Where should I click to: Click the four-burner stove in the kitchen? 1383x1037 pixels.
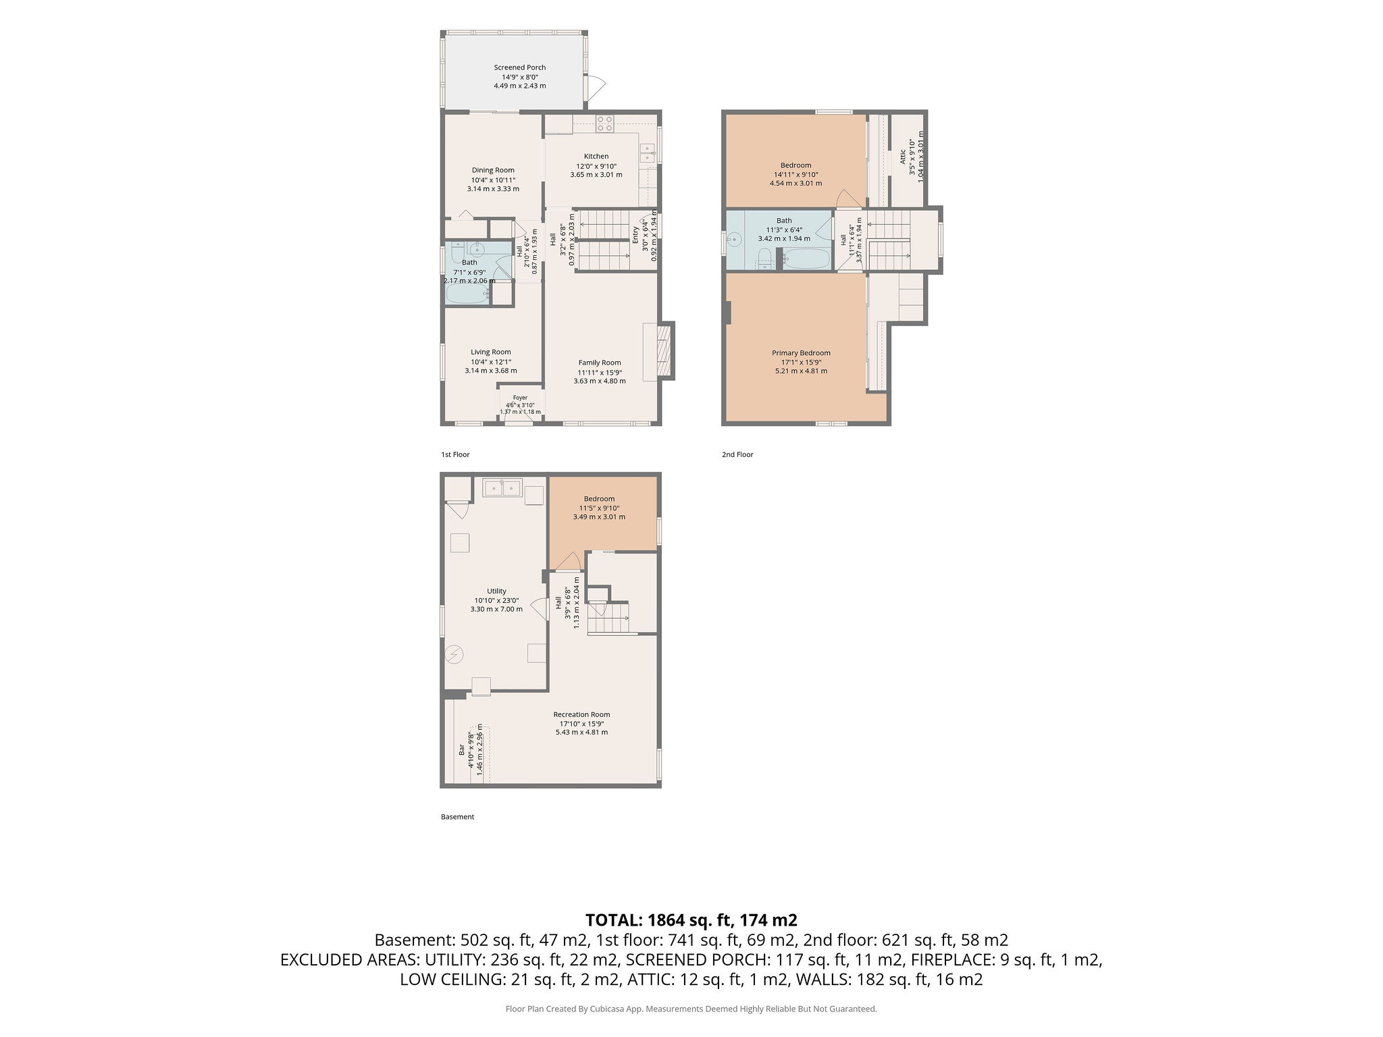(605, 124)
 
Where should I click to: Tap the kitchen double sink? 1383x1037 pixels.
(648, 152)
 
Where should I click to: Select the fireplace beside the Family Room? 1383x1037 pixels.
(666, 350)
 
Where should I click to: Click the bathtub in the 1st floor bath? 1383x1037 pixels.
(466, 294)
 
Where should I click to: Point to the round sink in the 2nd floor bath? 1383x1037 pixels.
(734, 240)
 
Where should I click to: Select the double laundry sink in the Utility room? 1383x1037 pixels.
(502, 487)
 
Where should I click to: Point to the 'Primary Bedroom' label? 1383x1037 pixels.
(801, 353)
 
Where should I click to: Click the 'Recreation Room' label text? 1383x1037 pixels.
(581, 715)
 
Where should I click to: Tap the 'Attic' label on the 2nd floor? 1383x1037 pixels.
(903, 157)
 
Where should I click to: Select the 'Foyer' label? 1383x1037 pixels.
(520, 398)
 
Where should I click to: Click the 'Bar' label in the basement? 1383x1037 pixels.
(462, 749)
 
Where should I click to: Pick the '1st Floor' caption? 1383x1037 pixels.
(455, 454)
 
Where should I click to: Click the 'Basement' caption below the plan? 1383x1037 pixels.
(458, 817)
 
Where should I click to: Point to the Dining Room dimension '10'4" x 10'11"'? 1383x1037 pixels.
(493, 180)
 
